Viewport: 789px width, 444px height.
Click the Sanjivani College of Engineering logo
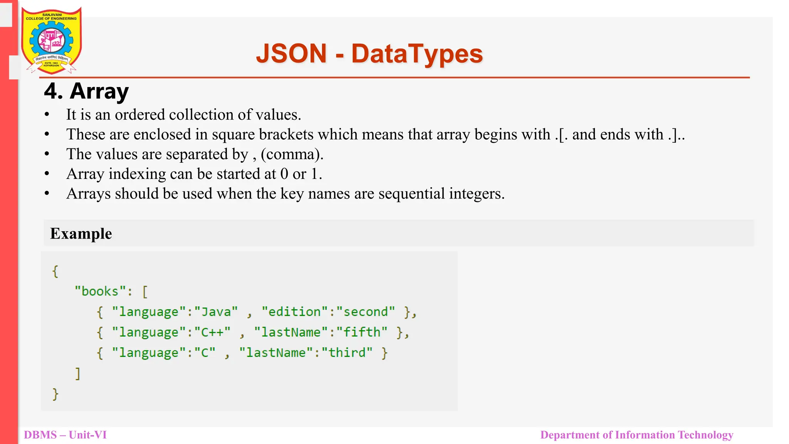coord(51,40)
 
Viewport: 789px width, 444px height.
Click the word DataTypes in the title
coord(417,54)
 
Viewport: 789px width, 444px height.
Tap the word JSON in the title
coord(291,54)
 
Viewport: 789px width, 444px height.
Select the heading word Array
coord(99,92)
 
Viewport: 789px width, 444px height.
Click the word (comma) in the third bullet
coord(292,155)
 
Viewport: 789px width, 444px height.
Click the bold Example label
coord(81,234)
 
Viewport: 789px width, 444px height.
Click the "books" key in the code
coord(100,291)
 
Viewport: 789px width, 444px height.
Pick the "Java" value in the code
coord(216,312)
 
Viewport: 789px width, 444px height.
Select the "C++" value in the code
coord(212,332)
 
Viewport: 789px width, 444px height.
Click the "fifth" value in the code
coord(362,332)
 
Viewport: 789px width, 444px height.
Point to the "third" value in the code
coord(347,353)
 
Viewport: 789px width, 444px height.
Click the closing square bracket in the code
coord(78,373)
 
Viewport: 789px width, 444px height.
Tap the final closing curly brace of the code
coord(55,394)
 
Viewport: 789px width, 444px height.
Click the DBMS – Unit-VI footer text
coord(65,435)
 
